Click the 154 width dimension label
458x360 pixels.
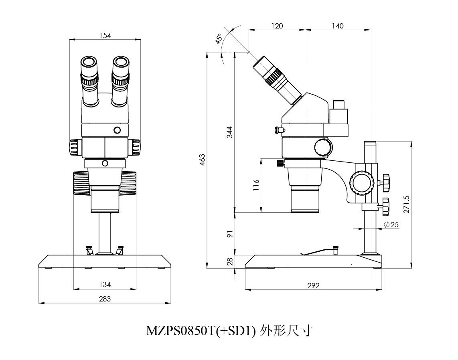[x=105, y=35]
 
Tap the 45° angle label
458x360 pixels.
[x=219, y=39]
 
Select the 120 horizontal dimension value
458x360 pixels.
[x=277, y=26]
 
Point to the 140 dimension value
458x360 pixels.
[x=338, y=26]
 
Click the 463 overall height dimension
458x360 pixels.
[x=203, y=159]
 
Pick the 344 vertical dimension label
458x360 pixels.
[x=229, y=132]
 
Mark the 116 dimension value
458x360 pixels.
[x=256, y=185]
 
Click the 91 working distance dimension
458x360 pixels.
[x=229, y=234]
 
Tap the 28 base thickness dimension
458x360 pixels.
[x=229, y=261]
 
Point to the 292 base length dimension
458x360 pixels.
[x=314, y=285]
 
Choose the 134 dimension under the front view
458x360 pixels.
[x=105, y=285]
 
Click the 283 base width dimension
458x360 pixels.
[x=105, y=299]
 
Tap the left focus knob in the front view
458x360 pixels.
[x=81, y=183]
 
